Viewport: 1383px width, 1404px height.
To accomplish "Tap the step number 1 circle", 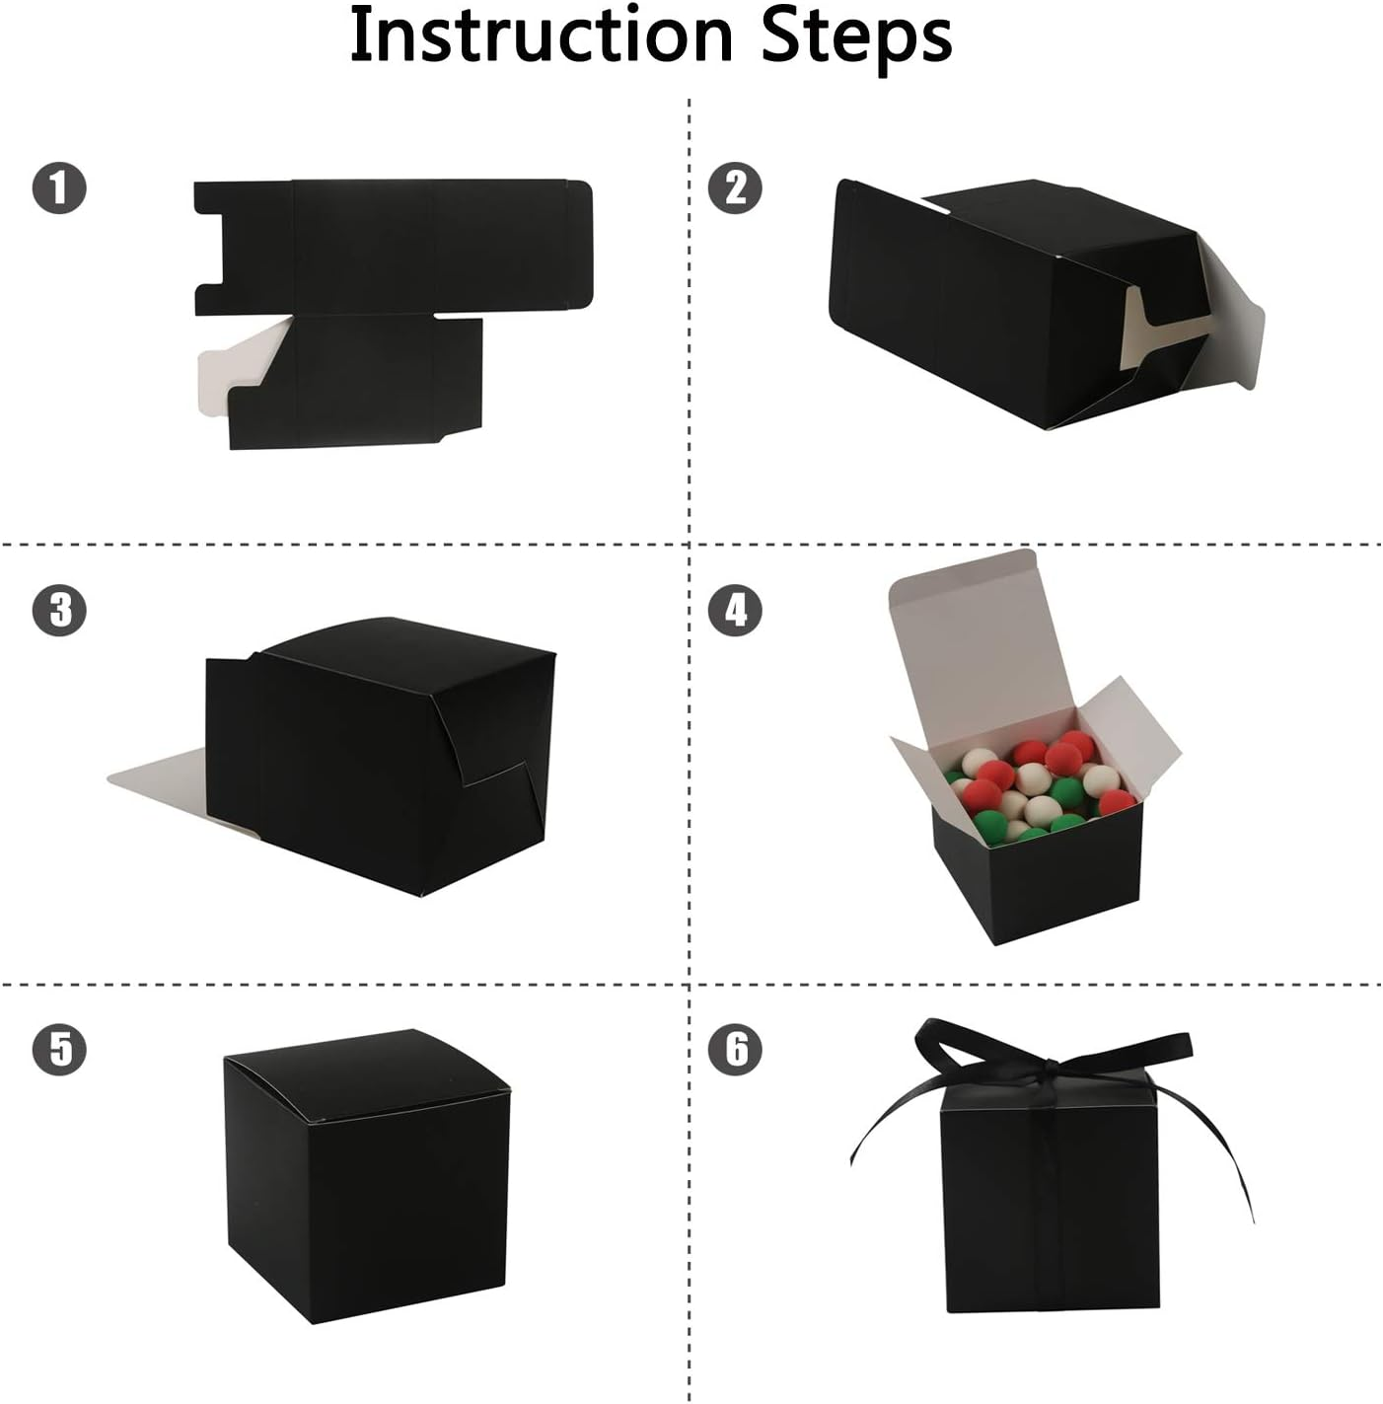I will [59, 186].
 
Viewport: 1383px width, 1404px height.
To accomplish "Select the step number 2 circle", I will [736, 186].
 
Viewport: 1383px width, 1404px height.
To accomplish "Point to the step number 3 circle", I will [59, 610].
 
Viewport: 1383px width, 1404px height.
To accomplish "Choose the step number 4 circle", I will [736, 610].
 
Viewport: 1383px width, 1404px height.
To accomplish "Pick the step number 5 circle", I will [59, 1048].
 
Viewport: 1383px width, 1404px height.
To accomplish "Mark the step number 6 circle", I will [736, 1048].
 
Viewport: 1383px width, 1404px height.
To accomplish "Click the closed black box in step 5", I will [370, 1204].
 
